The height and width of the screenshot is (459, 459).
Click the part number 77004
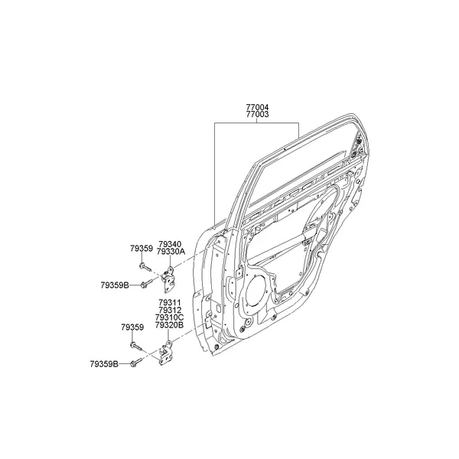(x=257, y=108)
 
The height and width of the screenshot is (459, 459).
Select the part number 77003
(x=257, y=115)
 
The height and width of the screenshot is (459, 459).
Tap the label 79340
(x=170, y=244)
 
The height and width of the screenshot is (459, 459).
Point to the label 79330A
(x=171, y=252)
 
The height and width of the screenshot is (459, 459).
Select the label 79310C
(x=169, y=317)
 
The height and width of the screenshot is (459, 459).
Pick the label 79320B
(x=169, y=325)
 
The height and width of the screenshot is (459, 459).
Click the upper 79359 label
(x=141, y=249)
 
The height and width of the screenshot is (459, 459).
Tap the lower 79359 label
(x=132, y=327)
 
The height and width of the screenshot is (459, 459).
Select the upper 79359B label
(x=114, y=285)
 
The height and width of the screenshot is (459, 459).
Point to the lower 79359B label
(x=104, y=364)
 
